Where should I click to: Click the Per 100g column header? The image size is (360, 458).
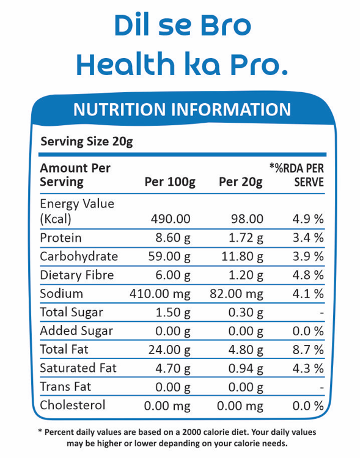coord(170,182)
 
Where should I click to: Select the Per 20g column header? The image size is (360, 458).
coord(241,182)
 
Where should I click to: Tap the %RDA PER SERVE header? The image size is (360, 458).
coord(297,175)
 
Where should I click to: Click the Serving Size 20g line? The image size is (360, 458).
coord(87,142)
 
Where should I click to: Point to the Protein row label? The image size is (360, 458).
coord(61,238)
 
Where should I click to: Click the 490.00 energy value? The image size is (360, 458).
coord(171,219)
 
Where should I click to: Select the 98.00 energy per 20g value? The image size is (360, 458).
coord(247,219)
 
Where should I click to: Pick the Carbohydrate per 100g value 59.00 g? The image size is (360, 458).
coord(169,256)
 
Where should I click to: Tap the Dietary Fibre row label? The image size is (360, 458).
coord(77,275)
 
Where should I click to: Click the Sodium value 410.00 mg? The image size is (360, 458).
coord(160,294)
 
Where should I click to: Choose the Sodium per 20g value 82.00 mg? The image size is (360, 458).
coord(237,294)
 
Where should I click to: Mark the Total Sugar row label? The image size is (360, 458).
coord(72,313)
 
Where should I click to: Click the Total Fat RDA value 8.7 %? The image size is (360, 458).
coord(308,350)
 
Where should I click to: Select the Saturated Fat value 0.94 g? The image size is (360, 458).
coord(246,368)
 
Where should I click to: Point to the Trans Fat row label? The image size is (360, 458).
coord(65,387)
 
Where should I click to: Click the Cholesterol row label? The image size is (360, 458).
coord(73,405)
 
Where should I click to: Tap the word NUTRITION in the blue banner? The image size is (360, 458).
coord(119,109)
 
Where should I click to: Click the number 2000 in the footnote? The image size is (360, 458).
coord(191,432)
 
